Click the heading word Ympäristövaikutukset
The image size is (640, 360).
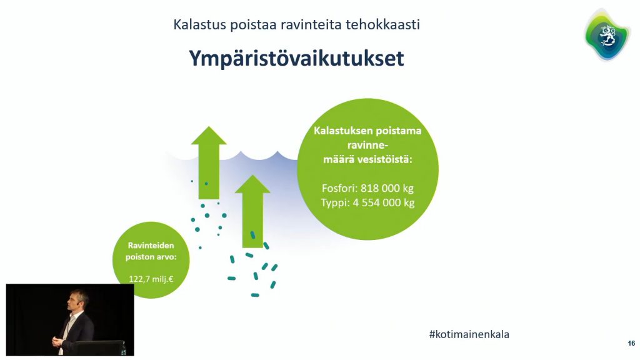click(296, 59)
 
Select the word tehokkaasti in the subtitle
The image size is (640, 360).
click(382, 24)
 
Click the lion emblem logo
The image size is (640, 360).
click(606, 36)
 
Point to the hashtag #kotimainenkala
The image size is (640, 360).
click(469, 334)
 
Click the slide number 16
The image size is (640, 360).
click(631, 343)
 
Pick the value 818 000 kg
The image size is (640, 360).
click(387, 188)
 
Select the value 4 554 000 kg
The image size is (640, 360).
click(384, 202)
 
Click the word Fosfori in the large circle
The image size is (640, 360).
click(339, 188)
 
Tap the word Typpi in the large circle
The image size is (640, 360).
click(335, 203)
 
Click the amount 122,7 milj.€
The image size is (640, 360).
click(151, 279)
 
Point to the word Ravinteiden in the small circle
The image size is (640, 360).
click(151, 245)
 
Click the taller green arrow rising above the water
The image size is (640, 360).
click(209, 162)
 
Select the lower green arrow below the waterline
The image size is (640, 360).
click(252, 211)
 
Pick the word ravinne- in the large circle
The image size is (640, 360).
click(367, 145)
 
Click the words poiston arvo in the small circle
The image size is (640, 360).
click(151, 257)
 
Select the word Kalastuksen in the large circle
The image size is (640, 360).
click(343, 131)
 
